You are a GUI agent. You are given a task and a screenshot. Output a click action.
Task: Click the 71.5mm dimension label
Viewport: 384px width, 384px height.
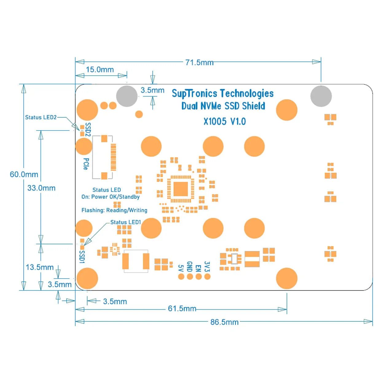[199, 62]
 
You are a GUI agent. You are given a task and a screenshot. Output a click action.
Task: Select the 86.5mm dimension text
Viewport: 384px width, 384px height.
[224, 322]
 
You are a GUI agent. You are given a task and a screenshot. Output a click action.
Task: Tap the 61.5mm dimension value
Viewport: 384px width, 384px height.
[182, 308]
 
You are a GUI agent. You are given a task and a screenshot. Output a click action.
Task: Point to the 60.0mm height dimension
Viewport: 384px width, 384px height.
[24, 174]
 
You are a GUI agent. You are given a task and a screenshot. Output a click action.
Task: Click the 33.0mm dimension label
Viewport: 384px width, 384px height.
[41, 188]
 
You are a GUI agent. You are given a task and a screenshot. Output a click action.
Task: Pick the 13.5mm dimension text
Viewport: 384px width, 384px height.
[39, 267]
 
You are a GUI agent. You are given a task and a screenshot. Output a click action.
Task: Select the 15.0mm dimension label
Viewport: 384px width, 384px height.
[100, 69]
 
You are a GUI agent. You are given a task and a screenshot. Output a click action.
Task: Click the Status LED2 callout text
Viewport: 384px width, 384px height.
[41, 117]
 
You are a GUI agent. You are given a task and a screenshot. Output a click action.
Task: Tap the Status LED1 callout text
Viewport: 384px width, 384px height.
[125, 222]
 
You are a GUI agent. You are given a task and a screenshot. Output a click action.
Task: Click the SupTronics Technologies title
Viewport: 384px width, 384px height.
[222, 93]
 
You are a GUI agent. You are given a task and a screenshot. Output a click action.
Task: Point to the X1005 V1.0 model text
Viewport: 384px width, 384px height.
[225, 121]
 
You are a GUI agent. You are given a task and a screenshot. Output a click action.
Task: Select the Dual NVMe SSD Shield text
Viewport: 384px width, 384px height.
[223, 106]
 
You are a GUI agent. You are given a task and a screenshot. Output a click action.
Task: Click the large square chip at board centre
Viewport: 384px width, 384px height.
[181, 189]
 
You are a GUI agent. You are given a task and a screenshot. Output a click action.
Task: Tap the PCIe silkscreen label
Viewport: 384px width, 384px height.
[86, 164]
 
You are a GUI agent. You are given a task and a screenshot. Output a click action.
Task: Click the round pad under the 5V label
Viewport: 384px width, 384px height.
[181, 276]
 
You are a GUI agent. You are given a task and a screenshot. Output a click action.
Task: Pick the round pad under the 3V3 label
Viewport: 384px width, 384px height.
[207, 276]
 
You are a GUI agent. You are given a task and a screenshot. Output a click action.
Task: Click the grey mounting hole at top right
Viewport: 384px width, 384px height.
[321, 96]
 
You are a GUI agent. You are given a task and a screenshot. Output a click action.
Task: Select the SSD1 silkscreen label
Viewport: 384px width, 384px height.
[82, 257]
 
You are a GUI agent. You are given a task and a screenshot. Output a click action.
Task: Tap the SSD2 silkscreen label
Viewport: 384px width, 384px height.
[88, 130]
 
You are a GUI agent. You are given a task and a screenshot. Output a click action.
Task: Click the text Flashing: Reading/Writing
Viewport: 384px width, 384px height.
[114, 210]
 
